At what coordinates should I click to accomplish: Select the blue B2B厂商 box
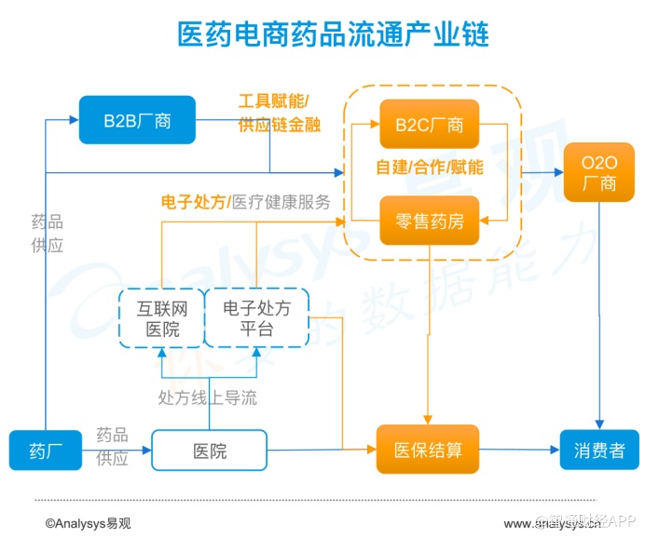click(137, 120)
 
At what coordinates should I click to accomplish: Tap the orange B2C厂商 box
click(429, 124)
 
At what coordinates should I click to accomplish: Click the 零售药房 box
click(429, 222)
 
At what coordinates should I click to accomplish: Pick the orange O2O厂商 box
click(599, 172)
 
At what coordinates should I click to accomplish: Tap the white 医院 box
click(210, 452)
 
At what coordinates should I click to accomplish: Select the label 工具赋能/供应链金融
click(279, 113)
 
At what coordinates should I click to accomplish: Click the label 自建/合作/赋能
click(429, 168)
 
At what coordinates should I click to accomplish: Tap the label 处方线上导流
click(207, 398)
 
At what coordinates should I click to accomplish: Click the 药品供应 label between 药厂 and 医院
click(112, 445)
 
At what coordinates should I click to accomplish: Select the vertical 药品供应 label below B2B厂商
click(47, 233)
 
